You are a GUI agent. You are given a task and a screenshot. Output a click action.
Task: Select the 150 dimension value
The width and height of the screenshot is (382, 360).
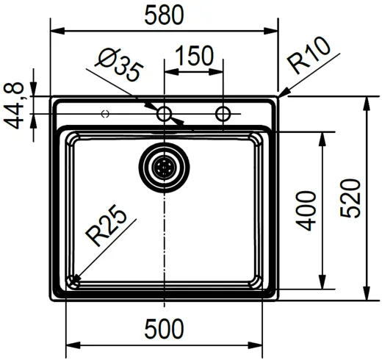tap(194, 56)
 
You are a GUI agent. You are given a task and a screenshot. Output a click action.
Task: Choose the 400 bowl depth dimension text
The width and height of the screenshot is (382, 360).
tap(307, 209)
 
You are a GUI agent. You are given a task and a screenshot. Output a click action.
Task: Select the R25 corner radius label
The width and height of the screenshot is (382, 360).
tap(106, 228)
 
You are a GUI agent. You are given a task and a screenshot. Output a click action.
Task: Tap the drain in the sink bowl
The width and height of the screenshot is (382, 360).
tap(164, 167)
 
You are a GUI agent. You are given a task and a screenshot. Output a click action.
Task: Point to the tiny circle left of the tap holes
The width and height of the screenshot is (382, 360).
tap(105, 114)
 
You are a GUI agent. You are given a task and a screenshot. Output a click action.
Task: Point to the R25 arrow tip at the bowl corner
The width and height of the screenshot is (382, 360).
tap(73, 279)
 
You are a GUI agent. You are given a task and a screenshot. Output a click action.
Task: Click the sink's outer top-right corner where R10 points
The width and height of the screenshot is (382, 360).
tap(277, 97)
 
